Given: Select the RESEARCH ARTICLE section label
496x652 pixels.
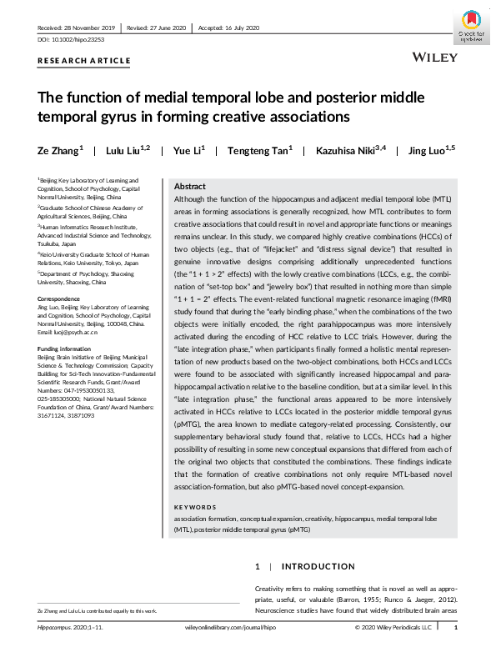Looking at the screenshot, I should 84,61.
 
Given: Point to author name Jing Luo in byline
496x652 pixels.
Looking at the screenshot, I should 425,151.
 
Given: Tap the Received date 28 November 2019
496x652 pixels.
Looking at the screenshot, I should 74,28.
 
